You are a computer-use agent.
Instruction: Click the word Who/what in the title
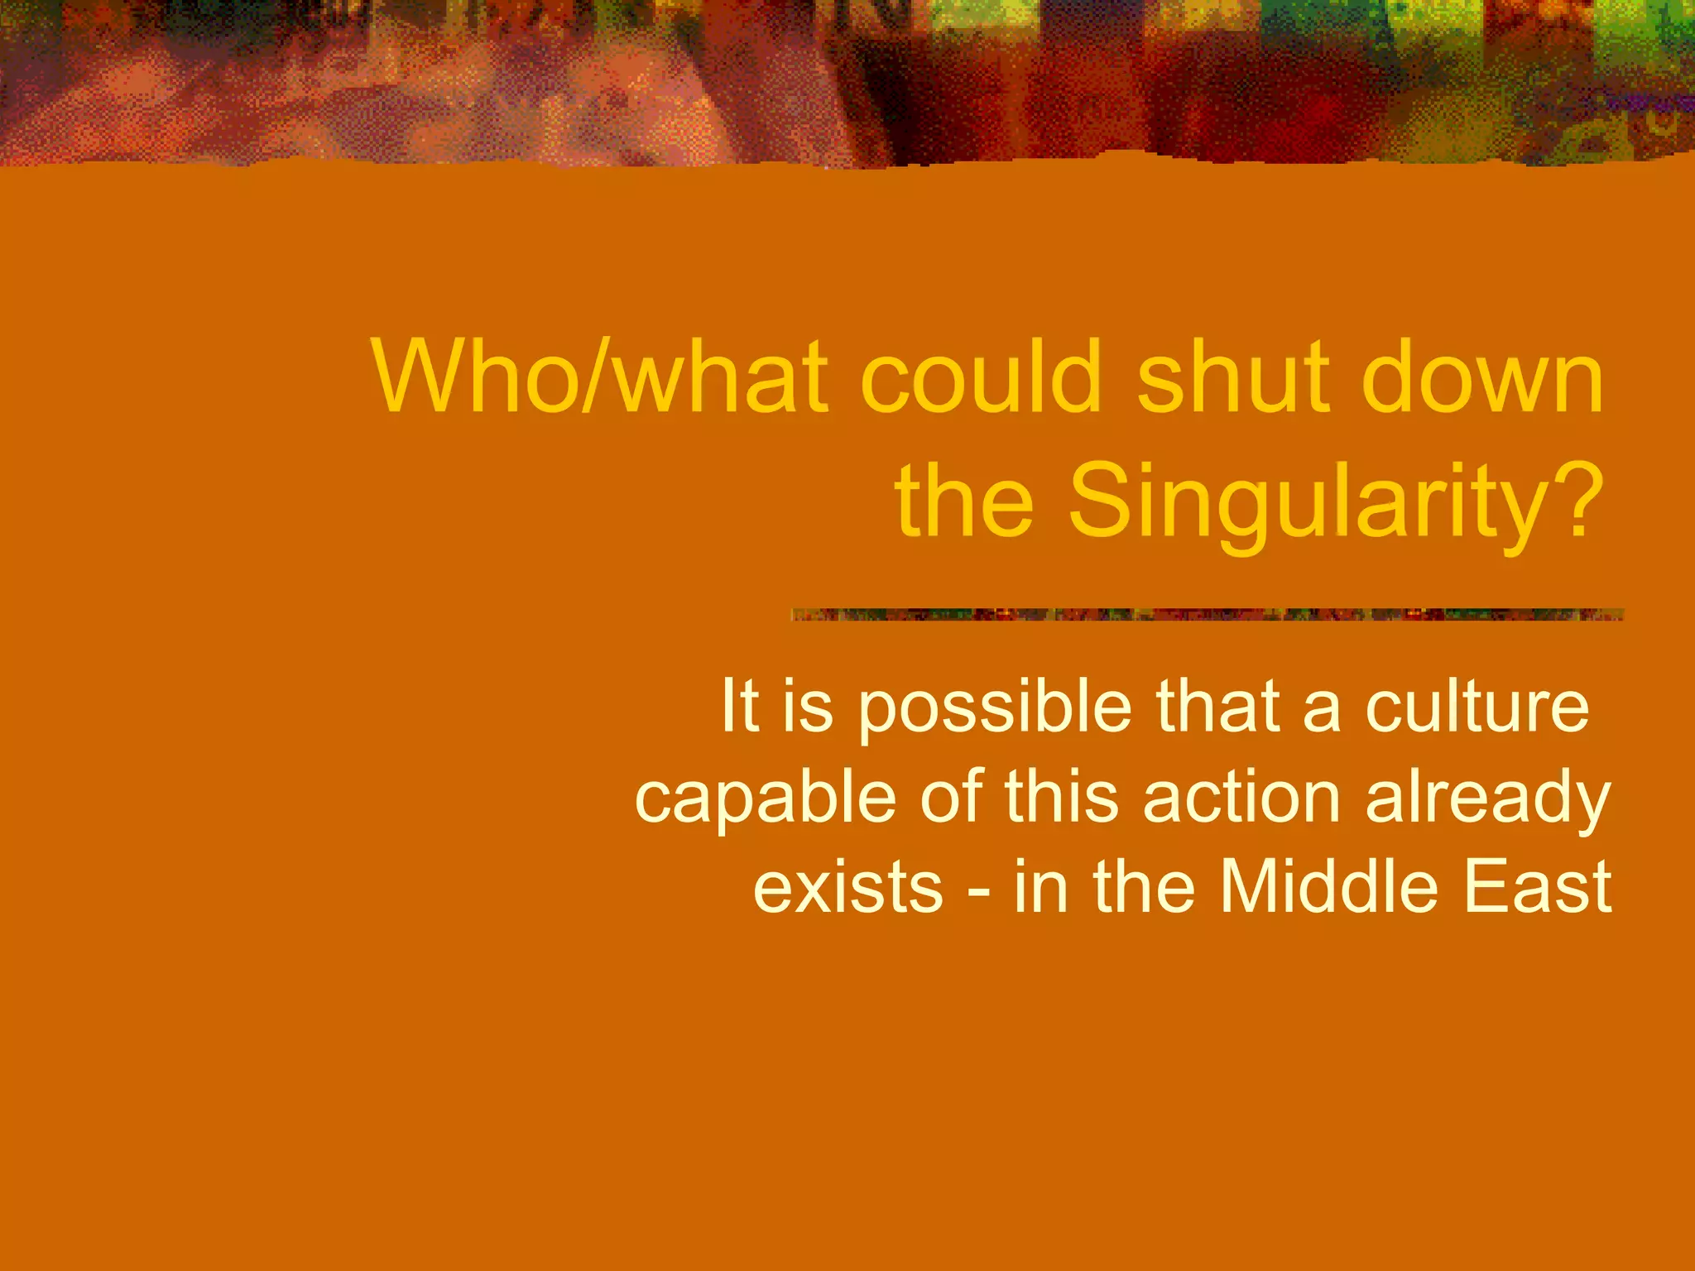coord(601,377)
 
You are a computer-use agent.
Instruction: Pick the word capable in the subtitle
coord(766,799)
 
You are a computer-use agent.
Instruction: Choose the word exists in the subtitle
coord(848,887)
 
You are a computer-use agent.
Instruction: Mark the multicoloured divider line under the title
coord(1208,615)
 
